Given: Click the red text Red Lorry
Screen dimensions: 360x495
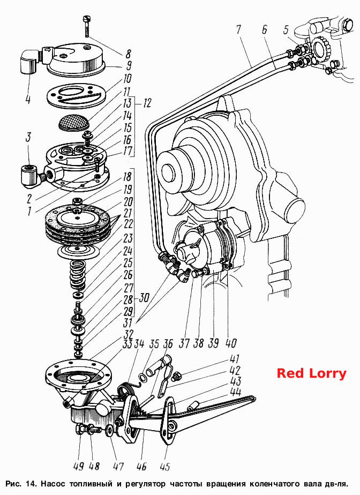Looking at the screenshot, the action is tap(311, 373).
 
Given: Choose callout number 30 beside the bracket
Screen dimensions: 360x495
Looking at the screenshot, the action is tap(144, 298).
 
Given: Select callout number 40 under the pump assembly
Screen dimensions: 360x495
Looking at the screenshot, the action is tap(231, 342).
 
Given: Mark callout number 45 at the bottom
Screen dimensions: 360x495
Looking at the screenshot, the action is tap(165, 467).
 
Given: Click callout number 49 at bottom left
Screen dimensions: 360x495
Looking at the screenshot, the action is tap(79, 466).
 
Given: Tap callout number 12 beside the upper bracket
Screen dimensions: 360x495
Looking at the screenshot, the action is tap(147, 103).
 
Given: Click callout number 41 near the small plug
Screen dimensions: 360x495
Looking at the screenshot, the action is tap(234, 359).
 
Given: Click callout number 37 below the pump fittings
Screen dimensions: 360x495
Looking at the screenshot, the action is tap(184, 342).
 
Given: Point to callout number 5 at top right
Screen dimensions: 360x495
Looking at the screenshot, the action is tap(286, 30).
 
